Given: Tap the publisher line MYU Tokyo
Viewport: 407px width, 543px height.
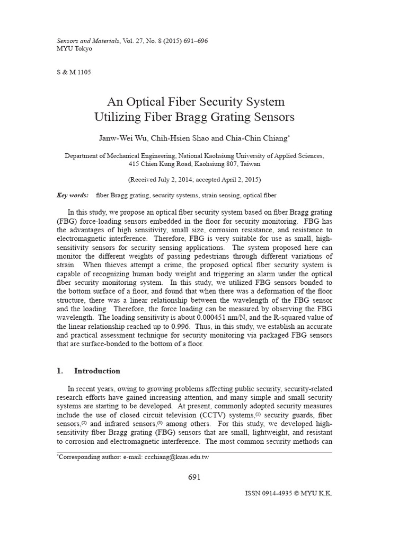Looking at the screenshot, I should [74, 49].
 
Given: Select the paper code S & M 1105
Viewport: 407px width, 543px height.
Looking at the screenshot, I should [74, 73].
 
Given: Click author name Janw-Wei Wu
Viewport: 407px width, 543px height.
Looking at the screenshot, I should [120, 138].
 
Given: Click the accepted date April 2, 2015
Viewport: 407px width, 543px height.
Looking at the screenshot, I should [238, 180].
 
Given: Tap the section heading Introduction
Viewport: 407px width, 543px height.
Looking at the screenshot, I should [97, 371].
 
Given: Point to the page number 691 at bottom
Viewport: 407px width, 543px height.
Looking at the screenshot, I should [194, 477].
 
